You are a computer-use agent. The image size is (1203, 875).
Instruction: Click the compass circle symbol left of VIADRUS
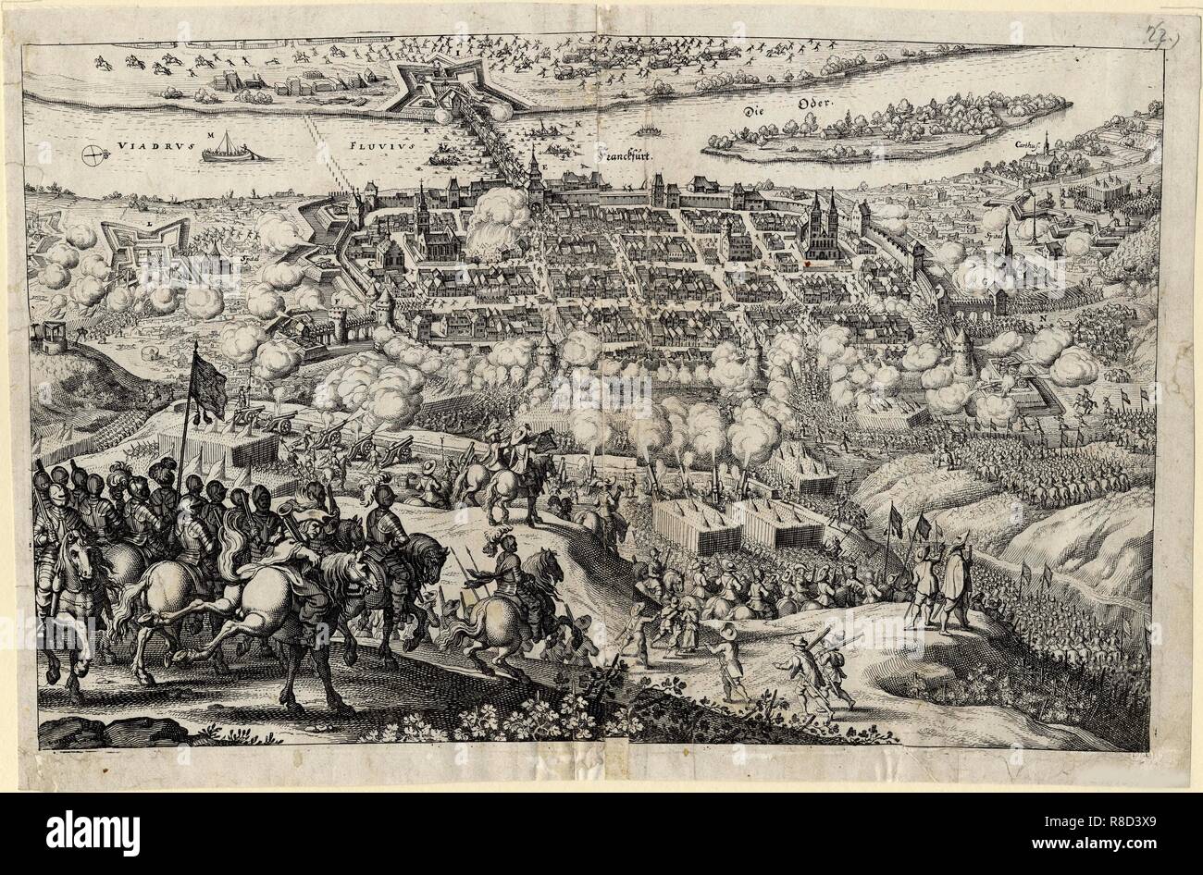pyautogui.click(x=93, y=154)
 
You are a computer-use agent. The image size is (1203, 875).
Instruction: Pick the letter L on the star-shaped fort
pyautogui.click(x=148, y=223)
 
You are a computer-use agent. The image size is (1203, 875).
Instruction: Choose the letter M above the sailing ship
pyautogui.click(x=211, y=135)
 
